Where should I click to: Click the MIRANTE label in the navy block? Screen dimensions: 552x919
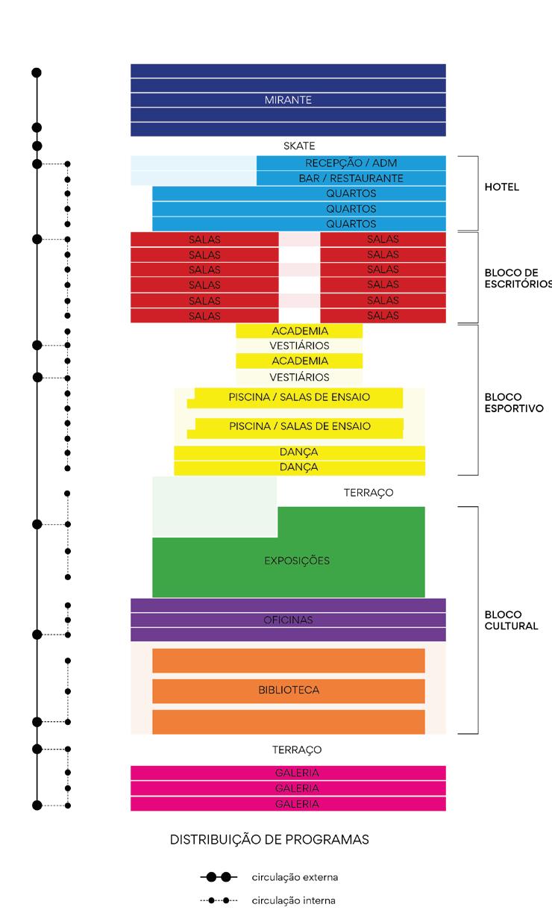(x=288, y=100)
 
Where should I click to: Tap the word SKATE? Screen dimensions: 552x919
(x=299, y=146)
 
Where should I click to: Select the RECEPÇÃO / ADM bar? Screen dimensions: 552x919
(x=351, y=163)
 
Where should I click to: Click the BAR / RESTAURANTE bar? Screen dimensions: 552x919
(x=351, y=178)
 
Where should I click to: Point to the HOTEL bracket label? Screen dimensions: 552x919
(x=502, y=187)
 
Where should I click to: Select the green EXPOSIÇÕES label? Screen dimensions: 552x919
(x=297, y=560)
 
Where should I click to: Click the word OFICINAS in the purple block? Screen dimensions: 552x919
(x=288, y=620)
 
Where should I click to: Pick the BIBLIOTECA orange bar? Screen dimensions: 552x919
(x=289, y=691)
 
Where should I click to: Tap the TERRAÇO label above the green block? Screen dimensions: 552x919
(x=368, y=493)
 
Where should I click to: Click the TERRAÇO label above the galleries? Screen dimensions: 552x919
(x=297, y=750)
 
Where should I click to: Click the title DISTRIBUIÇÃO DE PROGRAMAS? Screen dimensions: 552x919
(x=269, y=840)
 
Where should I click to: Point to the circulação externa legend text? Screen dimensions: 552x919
(x=295, y=877)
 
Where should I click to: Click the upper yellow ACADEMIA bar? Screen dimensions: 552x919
(x=300, y=331)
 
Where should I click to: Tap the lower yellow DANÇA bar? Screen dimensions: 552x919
(x=300, y=467)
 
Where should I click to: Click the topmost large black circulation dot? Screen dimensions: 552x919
(x=37, y=72)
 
